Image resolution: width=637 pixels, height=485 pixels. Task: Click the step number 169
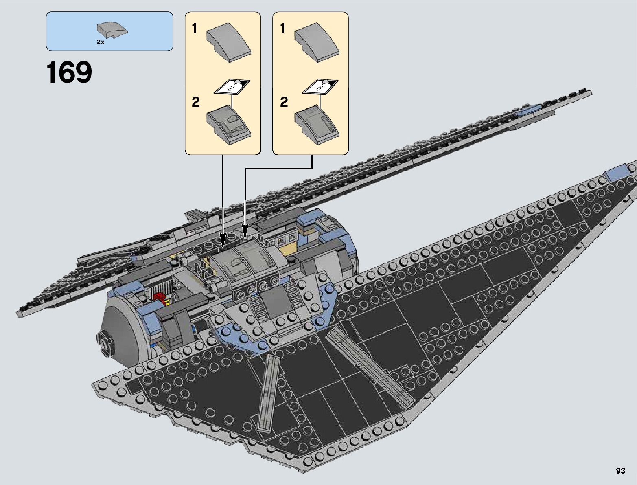(69, 73)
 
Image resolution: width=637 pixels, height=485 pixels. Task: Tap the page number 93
(620, 471)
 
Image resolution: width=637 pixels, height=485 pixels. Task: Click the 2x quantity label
(101, 42)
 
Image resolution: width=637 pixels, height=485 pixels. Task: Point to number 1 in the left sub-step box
(195, 29)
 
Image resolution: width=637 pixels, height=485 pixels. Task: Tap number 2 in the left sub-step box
(196, 102)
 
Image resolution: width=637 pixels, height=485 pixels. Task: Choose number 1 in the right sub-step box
(283, 29)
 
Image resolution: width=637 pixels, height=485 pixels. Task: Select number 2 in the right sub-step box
(284, 102)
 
